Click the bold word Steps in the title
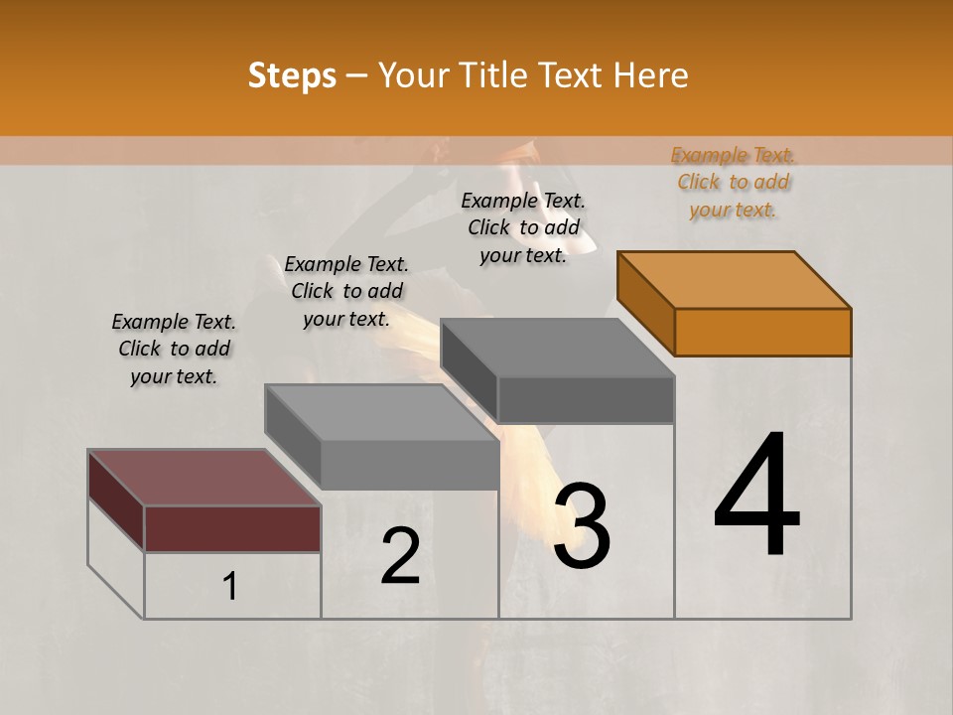tap(292, 74)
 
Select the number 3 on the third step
tap(582, 526)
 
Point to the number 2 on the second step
tap(401, 556)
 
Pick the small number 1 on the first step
tap(229, 587)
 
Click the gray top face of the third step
tap(557, 348)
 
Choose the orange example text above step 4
tap(734, 182)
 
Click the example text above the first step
tap(174, 349)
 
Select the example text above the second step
tap(346, 291)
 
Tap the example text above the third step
tap(523, 227)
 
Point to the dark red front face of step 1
tap(232, 528)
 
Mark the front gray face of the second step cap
tap(409, 464)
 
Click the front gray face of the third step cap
tap(586, 400)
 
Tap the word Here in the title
tap(650, 74)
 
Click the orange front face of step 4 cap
tap(762, 332)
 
